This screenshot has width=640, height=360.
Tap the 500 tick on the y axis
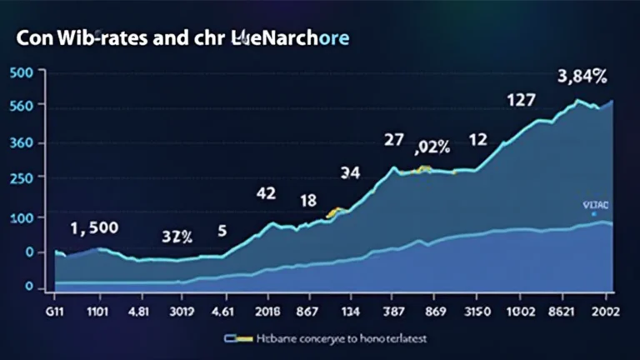20,72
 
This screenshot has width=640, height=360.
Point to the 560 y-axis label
20,107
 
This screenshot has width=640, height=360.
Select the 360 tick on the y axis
20,142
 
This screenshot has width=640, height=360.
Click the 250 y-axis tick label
20,178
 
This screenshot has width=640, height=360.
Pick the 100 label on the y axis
20,217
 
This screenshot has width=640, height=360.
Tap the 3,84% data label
582,77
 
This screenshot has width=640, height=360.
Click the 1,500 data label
94,227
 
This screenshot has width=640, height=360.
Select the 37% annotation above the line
177,237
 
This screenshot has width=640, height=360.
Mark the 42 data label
266,194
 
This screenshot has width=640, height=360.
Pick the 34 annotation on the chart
350,173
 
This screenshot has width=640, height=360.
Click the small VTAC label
596,203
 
